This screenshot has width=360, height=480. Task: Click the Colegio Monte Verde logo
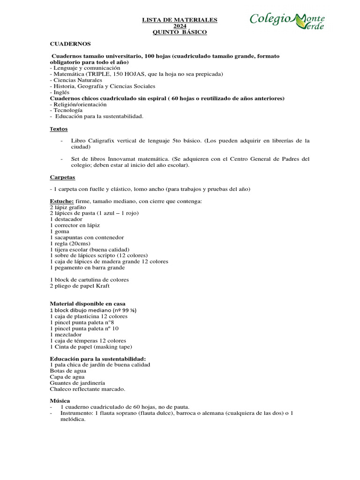[287, 21]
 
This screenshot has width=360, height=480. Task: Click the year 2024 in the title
[180, 26]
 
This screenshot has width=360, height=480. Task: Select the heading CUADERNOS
[70, 44]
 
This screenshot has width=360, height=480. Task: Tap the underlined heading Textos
[59, 128]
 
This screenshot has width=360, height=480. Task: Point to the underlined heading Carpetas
[62, 177]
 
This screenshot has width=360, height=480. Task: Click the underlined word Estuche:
[61, 201]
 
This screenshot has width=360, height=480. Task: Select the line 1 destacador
[66, 219]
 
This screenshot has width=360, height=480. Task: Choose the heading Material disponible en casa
[87, 304]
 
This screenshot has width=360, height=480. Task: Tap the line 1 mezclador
[65, 335]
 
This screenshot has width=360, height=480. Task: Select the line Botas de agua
[68, 371]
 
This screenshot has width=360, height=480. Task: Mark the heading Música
[60, 401]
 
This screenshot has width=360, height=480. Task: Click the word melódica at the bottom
[72, 420]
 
